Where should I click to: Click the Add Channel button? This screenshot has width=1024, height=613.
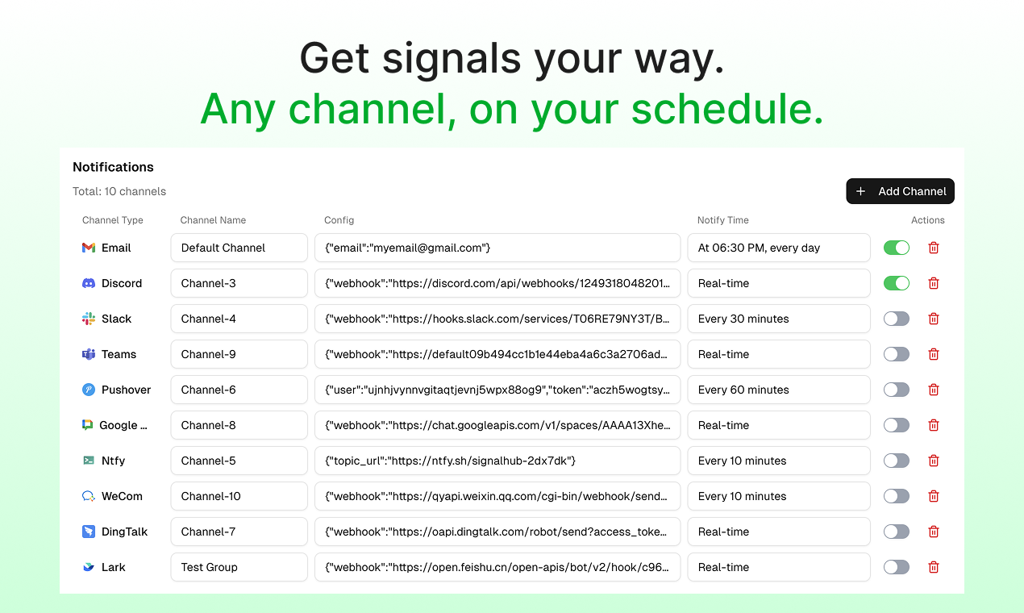point(900,191)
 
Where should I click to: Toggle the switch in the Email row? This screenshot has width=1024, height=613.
point(896,248)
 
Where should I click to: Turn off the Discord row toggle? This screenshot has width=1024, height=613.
point(896,283)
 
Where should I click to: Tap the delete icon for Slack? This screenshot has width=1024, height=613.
point(934,319)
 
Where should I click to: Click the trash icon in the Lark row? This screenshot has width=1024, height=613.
point(934,567)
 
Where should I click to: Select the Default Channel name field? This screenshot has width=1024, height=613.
point(239,248)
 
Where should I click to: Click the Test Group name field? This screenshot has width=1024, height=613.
point(239,567)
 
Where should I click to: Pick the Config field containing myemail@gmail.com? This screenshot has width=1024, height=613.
point(497,248)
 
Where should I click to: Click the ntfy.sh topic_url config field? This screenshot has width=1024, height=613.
point(497,461)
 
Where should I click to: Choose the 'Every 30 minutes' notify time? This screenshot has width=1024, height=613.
point(778,319)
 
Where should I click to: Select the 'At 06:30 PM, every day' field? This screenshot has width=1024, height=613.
point(778,248)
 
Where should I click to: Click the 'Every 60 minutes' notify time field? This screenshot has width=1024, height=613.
point(778,390)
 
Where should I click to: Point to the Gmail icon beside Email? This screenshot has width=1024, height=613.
point(89,248)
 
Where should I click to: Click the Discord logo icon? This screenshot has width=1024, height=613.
point(89,283)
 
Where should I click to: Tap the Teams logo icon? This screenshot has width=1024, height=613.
point(89,354)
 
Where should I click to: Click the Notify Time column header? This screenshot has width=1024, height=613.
point(722,220)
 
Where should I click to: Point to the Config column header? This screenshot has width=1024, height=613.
point(339,220)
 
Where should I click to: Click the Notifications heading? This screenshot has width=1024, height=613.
point(113,167)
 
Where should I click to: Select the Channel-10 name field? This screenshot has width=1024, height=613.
point(239,496)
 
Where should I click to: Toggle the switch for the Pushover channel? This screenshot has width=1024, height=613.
point(896,390)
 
